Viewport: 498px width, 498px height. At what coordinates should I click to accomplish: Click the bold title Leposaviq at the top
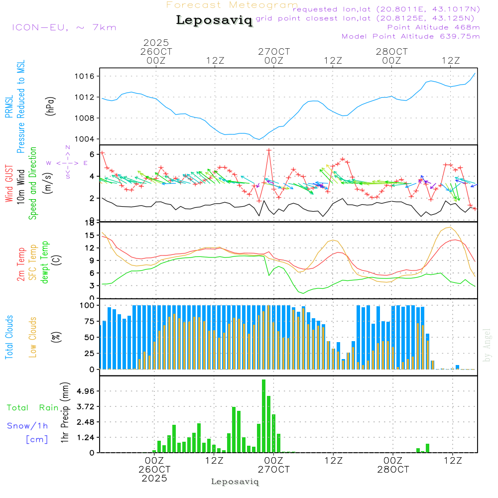pos(214,20)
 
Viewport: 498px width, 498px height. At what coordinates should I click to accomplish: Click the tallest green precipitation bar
pos(263,416)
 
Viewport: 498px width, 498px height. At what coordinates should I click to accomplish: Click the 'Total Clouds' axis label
pos(9,337)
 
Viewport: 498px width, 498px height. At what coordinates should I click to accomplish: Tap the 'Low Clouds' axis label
pos(33,337)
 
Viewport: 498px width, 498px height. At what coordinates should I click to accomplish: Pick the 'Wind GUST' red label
pos(9,185)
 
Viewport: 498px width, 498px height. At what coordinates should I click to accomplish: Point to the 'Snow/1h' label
pos(27,426)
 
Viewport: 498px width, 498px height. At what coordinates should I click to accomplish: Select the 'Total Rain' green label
pos(33,407)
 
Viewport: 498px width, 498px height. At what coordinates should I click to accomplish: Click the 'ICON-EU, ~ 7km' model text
pos(64,27)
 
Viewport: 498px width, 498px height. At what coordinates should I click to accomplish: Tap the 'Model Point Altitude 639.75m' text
pos(411,36)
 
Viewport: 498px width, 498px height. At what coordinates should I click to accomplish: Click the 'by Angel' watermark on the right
pos(487,345)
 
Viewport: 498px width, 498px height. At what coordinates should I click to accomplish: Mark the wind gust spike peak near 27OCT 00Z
pos(269,150)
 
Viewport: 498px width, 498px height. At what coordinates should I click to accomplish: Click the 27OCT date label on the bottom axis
pos(274,469)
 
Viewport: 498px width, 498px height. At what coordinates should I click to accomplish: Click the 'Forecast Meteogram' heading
pos(232,5)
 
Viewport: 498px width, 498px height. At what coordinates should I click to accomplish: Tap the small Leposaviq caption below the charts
pos(235,482)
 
